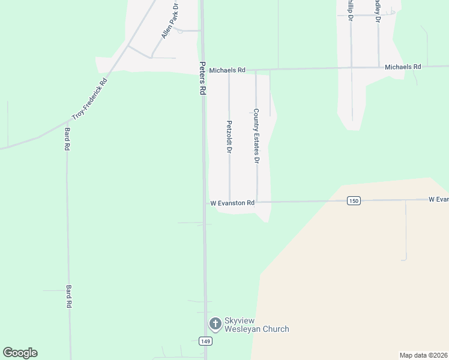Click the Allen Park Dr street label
click(x=170, y=22)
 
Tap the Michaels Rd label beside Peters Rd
click(x=227, y=70)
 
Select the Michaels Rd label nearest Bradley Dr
click(x=403, y=67)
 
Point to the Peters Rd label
click(x=203, y=79)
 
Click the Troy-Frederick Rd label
click(x=89, y=98)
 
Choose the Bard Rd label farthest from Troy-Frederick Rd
click(x=69, y=296)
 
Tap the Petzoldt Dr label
click(x=229, y=137)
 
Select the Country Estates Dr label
click(x=256, y=136)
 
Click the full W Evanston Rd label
click(x=232, y=203)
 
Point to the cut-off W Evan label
click(x=438, y=199)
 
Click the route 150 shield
click(x=354, y=201)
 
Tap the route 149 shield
click(x=205, y=341)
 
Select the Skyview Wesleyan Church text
click(x=256, y=325)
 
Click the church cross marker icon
click(x=214, y=324)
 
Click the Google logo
click(x=20, y=353)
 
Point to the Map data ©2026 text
click(x=423, y=355)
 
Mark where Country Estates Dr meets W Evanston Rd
click(x=257, y=202)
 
